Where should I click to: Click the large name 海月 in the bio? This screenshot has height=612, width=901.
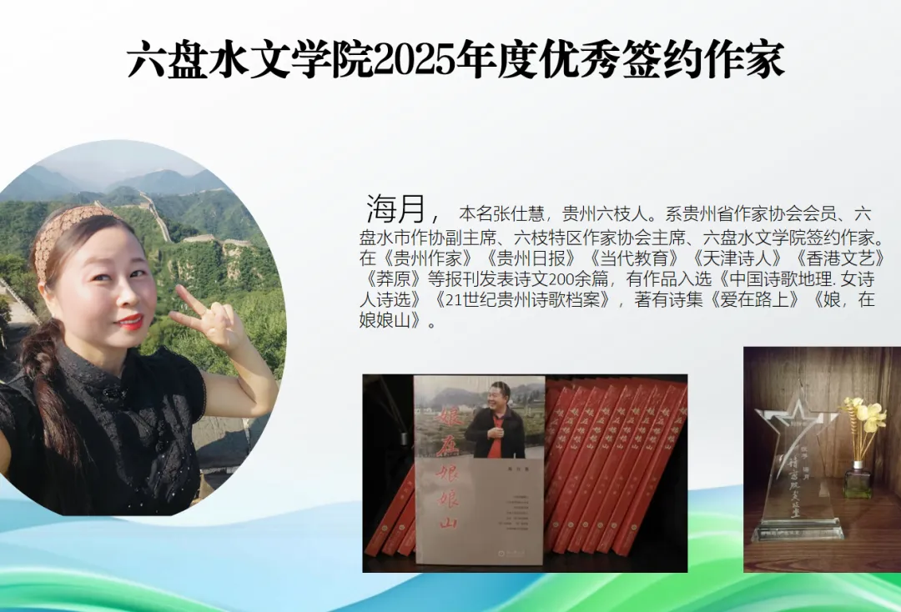395,209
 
